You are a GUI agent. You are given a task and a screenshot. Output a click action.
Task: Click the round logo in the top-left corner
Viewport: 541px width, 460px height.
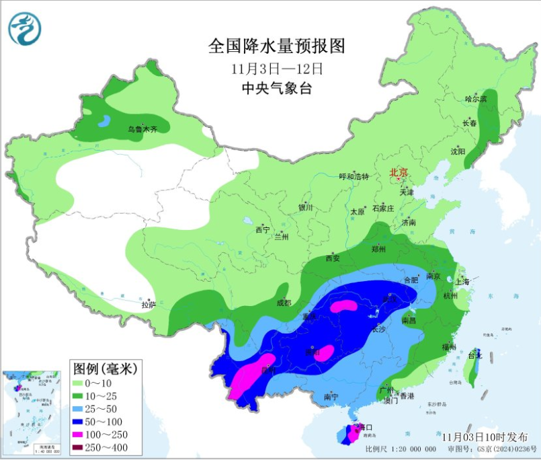(x=25, y=29)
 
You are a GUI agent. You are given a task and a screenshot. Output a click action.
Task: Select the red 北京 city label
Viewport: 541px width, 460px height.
(x=399, y=173)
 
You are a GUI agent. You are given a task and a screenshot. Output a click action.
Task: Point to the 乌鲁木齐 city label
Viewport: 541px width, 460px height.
(x=142, y=128)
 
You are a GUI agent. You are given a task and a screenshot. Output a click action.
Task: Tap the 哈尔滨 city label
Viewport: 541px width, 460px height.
(x=475, y=99)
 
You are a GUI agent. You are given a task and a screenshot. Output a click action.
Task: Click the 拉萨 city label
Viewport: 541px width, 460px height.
(x=149, y=304)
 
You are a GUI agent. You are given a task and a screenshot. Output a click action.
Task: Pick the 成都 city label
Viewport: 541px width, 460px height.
(x=283, y=303)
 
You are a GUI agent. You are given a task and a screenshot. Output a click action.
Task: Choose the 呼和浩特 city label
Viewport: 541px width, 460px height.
(x=353, y=177)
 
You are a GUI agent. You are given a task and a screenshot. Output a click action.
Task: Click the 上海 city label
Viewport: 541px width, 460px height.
(x=462, y=282)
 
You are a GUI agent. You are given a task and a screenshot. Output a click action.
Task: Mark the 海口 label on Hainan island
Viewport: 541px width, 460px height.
(x=366, y=427)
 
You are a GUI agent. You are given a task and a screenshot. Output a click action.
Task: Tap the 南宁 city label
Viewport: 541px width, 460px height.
(x=331, y=397)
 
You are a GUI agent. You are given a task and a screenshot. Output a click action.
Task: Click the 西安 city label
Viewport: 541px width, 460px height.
(x=333, y=258)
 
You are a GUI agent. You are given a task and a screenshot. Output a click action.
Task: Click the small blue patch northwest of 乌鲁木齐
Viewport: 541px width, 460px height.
(x=104, y=122)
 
